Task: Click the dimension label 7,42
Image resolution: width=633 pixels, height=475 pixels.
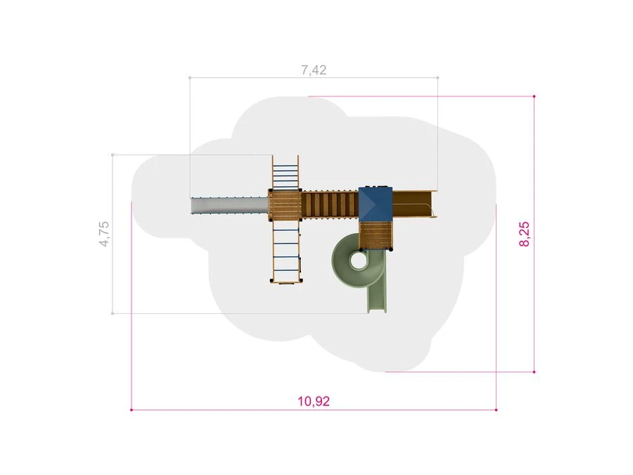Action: click(314, 70)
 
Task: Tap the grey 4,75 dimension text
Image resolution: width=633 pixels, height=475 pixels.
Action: click(104, 234)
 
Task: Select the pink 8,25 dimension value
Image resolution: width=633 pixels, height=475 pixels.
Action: click(524, 234)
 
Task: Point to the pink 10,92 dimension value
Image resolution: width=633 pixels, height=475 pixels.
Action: click(314, 401)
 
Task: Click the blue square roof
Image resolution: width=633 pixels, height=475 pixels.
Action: click(376, 204)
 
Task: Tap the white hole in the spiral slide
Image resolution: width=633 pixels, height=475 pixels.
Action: click(357, 260)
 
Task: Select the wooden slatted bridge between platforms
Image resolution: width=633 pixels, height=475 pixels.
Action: click(330, 205)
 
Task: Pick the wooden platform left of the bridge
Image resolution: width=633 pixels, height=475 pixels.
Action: click(285, 205)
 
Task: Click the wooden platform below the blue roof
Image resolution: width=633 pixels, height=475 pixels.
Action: click(376, 235)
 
